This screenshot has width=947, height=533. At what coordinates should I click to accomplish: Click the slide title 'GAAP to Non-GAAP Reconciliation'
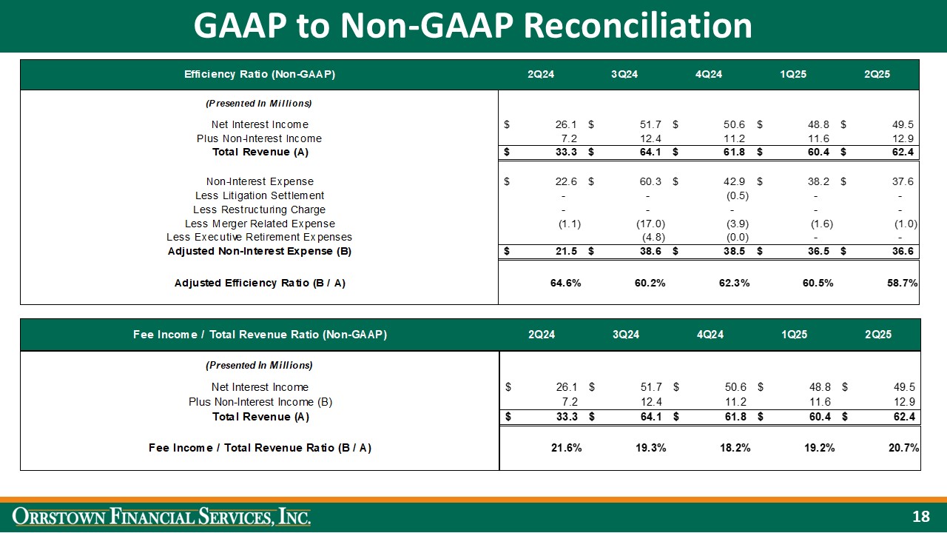[x=473, y=26]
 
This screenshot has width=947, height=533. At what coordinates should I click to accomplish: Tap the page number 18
[x=920, y=517]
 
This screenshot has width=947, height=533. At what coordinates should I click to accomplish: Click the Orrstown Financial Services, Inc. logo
[x=164, y=516]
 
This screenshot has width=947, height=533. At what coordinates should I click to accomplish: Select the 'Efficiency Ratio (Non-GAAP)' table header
[x=260, y=74]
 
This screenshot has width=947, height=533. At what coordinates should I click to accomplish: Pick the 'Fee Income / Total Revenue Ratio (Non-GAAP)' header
[x=260, y=335]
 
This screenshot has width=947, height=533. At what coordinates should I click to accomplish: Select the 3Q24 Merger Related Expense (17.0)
[x=651, y=224]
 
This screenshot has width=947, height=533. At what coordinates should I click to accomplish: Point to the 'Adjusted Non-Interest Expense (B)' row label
[x=260, y=252]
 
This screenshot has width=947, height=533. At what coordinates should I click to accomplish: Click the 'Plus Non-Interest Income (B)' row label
[x=260, y=402]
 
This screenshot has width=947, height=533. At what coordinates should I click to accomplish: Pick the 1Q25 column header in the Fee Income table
[x=794, y=335]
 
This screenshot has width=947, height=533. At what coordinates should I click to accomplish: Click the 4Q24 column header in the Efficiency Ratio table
[x=709, y=74]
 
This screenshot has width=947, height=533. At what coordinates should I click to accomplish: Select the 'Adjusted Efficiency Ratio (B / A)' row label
[x=260, y=283]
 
